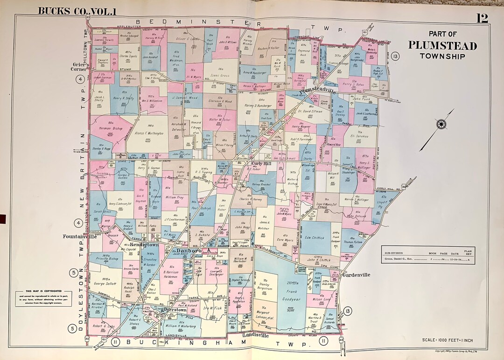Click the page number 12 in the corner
pos(482,18)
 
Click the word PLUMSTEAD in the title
pos(442,46)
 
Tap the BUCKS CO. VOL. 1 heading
pos(77,11)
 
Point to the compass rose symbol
pos(441,124)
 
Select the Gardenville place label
pos(356,275)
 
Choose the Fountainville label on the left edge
pos(80,237)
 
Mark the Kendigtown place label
pos(145,244)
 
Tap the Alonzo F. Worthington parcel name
pos(149,134)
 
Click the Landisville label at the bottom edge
pos(255,335)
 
